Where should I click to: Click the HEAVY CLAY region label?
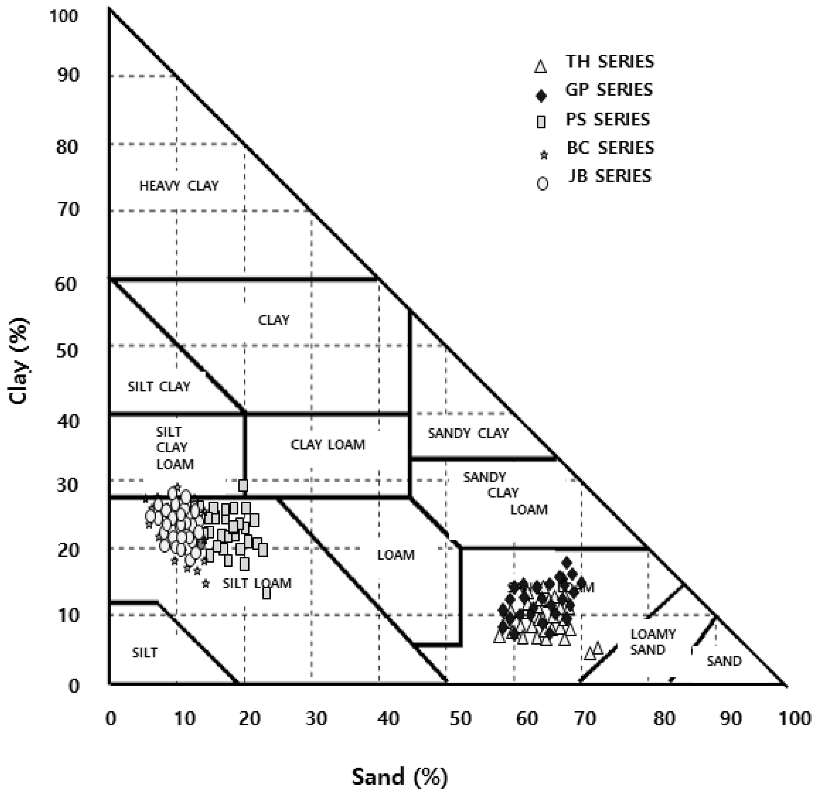pyautogui.click(x=179, y=186)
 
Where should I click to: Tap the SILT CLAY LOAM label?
pyautogui.click(x=175, y=448)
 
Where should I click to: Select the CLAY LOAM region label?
pyautogui.click(x=327, y=444)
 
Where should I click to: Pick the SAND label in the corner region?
pyautogui.click(x=724, y=661)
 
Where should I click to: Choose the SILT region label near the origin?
pyautogui.click(x=144, y=652)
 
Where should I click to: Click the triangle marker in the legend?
pyautogui.click(x=541, y=67)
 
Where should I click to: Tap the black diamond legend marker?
pyautogui.click(x=541, y=96)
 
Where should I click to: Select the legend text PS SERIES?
pyautogui.click(x=608, y=120)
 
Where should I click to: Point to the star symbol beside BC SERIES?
pyautogui.click(x=544, y=156)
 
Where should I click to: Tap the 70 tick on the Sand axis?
pyautogui.click(x=585, y=719)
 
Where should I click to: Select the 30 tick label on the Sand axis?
pyautogui.click(x=316, y=719)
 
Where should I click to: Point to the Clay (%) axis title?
pyautogui.click(x=19, y=361)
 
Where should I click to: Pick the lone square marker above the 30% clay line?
pyautogui.click(x=243, y=485)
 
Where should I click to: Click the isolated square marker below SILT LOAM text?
pyautogui.click(x=266, y=593)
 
